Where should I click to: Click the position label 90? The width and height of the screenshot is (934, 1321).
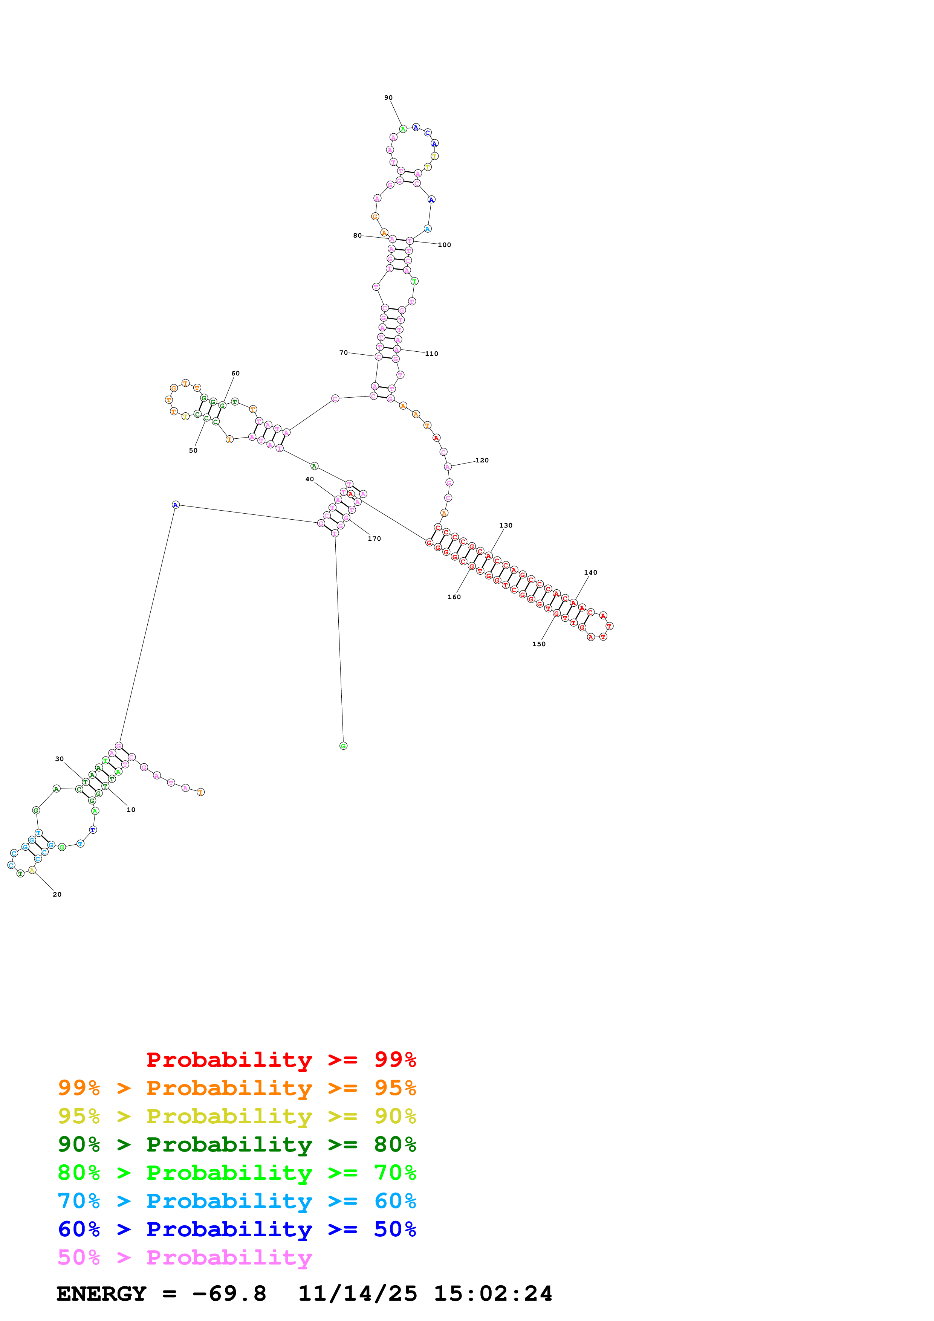pos(388,98)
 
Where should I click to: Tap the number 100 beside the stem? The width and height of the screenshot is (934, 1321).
pos(444,245)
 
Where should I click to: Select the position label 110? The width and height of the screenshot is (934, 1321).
pos(432,354)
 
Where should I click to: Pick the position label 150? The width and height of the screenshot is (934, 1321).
pos(539,644)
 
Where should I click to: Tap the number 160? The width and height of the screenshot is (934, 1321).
pos(454,597)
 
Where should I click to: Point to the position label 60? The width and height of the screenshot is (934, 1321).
pos(235,374)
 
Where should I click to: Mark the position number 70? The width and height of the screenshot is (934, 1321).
pos(344,353)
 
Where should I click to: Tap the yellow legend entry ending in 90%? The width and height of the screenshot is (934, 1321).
pos(237,1116)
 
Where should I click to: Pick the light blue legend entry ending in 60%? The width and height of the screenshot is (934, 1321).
pos(237,1201)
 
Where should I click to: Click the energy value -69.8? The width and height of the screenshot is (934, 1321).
pos(229,1294)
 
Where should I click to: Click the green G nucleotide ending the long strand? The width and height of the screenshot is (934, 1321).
pos(344,746)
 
